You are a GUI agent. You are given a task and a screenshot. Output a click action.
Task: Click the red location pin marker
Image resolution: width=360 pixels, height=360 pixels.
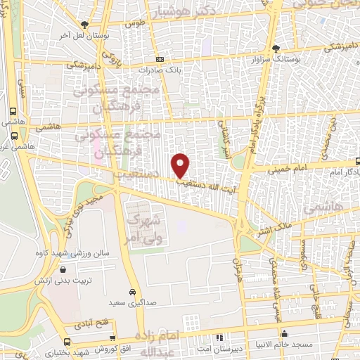(x=181, y=165)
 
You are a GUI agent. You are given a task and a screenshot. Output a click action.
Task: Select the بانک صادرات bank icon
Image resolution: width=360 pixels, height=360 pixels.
(x=160, y=60)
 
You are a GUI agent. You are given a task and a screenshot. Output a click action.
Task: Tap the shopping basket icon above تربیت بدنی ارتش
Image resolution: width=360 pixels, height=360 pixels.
(x=65, y=269)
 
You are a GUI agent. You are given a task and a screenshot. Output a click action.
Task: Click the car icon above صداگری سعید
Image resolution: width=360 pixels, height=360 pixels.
(x=132, y=291)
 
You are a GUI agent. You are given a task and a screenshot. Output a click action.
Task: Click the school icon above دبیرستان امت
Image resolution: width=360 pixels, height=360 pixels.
(x=220, y=337)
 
